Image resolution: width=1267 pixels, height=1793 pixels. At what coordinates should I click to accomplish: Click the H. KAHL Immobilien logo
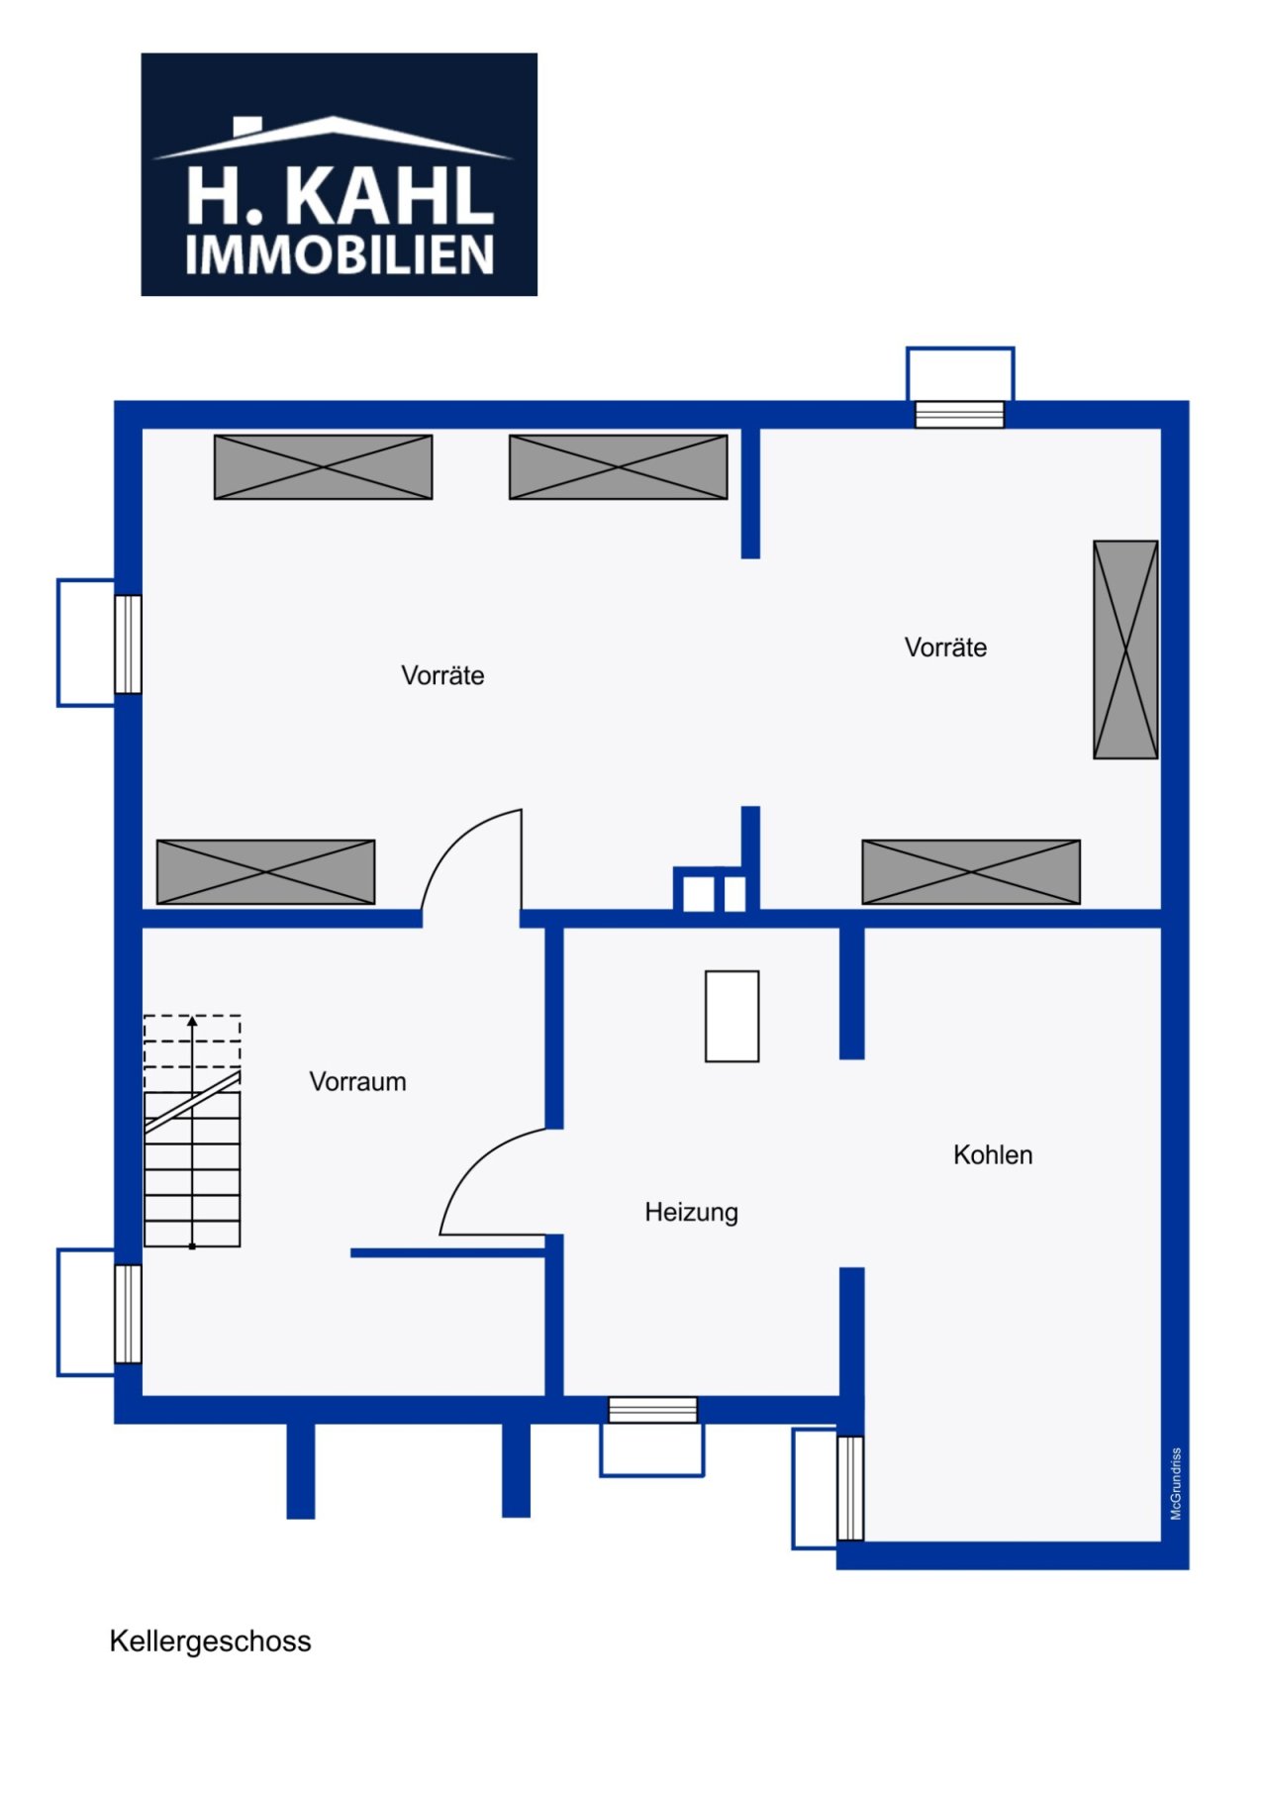(x=339, y=174)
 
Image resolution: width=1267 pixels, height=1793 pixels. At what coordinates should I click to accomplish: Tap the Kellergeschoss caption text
(x=210, y=1641)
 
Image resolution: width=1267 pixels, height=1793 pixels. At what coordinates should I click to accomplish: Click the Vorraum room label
(x=357, y=1081)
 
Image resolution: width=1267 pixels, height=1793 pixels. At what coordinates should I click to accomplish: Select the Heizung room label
(x=691, y=1212)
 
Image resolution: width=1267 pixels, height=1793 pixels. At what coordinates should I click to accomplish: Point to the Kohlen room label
(x=993, y=1154)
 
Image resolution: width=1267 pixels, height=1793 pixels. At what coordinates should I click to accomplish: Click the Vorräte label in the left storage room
(x=442, y=675)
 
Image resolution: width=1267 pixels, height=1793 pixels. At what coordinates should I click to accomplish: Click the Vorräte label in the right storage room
(x=945, y=647)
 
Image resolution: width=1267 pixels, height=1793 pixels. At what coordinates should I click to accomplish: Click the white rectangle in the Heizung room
(x=731, y=1016)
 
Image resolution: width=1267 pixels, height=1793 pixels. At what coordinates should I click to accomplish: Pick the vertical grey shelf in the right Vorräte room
(x=1125, y=649)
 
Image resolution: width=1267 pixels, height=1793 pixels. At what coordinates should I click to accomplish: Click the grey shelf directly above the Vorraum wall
(x=265, y=871)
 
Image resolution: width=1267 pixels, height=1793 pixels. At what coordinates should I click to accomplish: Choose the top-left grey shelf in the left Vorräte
(x=323, y=467)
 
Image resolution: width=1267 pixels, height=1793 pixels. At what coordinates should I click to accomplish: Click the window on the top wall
(x=959, y=414)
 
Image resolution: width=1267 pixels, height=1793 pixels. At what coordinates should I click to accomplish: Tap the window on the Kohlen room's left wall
(x=849, y=1488)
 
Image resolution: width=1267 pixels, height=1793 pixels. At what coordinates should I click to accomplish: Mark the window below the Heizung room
(x=652, y=1409)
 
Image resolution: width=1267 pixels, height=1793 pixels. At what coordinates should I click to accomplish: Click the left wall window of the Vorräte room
(x=128, y=644)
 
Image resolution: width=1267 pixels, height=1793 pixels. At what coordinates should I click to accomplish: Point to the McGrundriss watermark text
(x=1176, y=1483)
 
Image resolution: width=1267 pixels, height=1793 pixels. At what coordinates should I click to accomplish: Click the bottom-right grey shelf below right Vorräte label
(x=970, y=871)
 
